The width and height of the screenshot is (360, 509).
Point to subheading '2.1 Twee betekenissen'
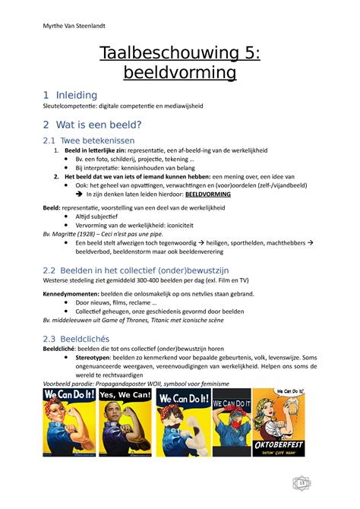point(89,141)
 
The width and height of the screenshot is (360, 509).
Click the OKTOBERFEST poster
point(278,423)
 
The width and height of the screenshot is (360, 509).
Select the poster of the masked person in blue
point(232,423)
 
